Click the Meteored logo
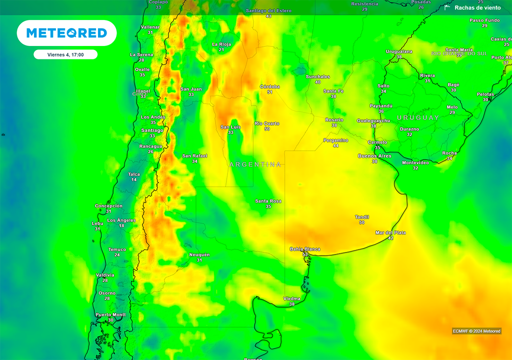click(66, 33)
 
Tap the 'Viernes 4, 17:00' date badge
click(65, 54)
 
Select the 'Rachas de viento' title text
click(477, 7)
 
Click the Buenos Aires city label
click(374, 156)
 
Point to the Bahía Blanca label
click(305, 249)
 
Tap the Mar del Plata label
click(390, 232)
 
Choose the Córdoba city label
click(269, 86)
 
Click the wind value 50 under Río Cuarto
click(267, 129)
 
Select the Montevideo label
click(415, 162)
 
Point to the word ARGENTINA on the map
click(255, 164)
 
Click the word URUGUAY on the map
click(418, 117)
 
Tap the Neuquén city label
click(199, 254)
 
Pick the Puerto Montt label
click(110, 314)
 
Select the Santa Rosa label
click(268, 201)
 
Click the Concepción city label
click(108, 206)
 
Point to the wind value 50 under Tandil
click(361, 222)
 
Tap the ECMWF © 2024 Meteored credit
click(476, 331)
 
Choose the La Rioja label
click(221, 44)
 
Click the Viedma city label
click(291, 298)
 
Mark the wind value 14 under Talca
click(133, 179)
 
